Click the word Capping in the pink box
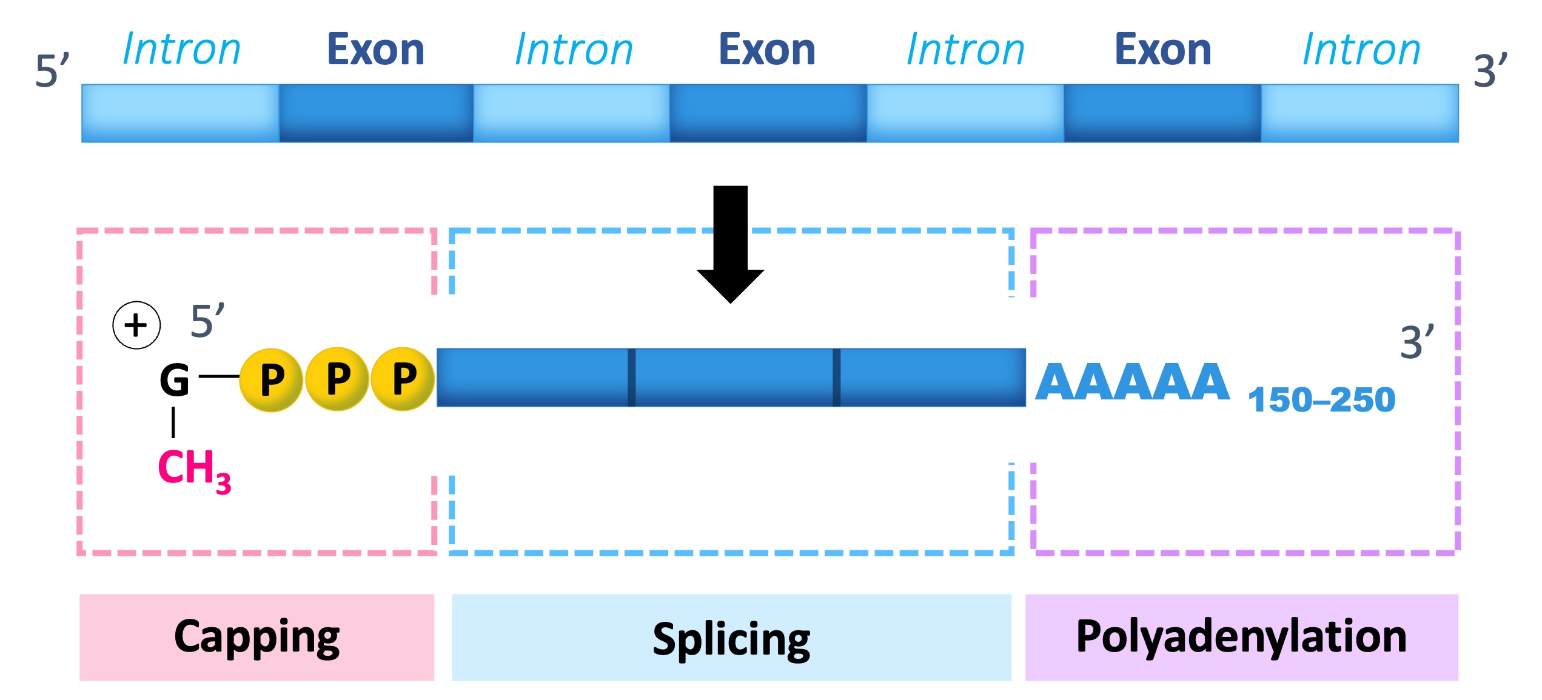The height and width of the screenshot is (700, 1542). (256, 637)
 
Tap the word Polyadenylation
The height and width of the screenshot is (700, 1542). (1241, 637)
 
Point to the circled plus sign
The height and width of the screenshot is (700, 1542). (136, 325)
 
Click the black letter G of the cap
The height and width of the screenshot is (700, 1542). (175, 380)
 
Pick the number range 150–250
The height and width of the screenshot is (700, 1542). (1321, 400)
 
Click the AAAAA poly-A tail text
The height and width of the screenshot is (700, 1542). (1131, 382)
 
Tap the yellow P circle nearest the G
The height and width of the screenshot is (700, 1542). (272, 380)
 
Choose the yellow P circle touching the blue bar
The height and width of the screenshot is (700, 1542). (403, 379)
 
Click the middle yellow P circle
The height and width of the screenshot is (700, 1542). (338, 379)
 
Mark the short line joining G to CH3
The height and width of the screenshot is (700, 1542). (173, 422)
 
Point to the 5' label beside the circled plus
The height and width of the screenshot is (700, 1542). (207, 321)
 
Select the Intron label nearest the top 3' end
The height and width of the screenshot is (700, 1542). (1361, 50)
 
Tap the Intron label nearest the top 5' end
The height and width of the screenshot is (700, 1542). (181, 50)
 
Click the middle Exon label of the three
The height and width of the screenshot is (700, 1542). (767, 50)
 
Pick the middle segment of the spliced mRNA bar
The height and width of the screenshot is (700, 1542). (734, 377)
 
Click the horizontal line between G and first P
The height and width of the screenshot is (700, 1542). (219, 376)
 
